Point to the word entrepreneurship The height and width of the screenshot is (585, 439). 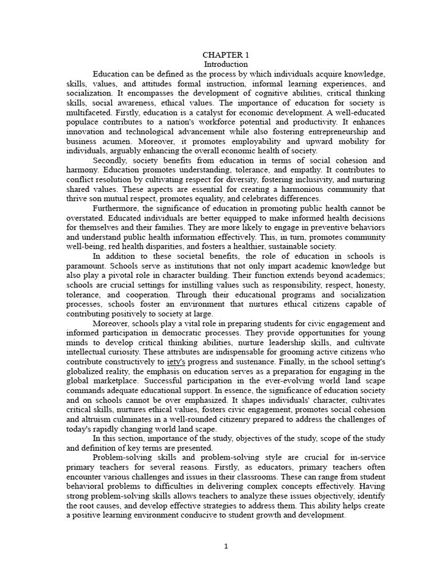pos(323,131)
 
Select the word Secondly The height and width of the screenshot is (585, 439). pos(111,161)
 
